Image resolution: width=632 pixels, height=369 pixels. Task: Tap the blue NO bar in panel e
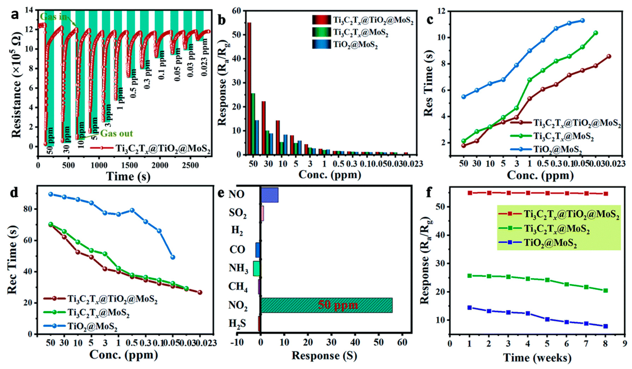270,195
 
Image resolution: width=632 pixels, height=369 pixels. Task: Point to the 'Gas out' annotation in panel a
116,133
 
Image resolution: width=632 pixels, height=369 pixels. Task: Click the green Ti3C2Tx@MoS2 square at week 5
547,280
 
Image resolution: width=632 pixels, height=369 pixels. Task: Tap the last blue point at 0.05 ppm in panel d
173,257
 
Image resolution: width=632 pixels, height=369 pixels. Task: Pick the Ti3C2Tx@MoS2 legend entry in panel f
556,229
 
